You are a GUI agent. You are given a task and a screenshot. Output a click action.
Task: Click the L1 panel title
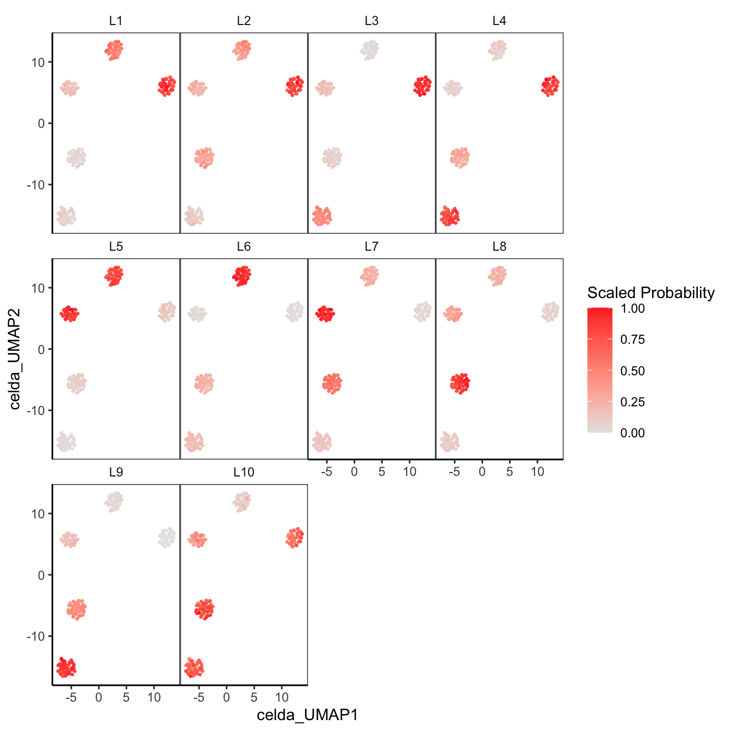pos(116,21)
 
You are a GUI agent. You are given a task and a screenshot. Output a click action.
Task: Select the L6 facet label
pos(244,247)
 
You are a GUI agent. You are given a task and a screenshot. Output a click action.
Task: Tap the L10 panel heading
pos(244,473)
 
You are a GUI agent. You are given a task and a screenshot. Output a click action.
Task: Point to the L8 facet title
pos(499,247)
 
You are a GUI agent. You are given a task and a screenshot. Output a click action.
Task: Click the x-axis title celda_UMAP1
pos(307,715)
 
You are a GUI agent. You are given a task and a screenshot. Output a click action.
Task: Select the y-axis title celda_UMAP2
pos(15,359)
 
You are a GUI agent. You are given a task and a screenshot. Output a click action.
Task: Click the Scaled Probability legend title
pos(651,293)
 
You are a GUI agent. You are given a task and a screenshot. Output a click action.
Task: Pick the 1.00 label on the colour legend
pos(633,308)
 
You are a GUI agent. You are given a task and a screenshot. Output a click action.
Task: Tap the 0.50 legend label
pos(633,371)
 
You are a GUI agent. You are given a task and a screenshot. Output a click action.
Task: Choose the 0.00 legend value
pos(633,433)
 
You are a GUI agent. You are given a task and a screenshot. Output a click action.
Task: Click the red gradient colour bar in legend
pos(599,370)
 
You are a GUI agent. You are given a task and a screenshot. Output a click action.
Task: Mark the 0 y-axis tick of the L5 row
pos(41,349)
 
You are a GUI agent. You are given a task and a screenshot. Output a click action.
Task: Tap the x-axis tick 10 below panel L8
pos(537,472)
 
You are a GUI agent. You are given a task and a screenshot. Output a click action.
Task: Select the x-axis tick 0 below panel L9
pos(98,698)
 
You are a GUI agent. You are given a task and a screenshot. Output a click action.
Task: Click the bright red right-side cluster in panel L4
pos(550,85)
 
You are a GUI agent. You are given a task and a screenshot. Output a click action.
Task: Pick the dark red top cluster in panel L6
pos(241,276)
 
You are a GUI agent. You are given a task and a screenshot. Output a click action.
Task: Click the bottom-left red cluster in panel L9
pos(66,667)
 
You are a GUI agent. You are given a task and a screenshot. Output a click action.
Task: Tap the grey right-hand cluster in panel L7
pos(422,312)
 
